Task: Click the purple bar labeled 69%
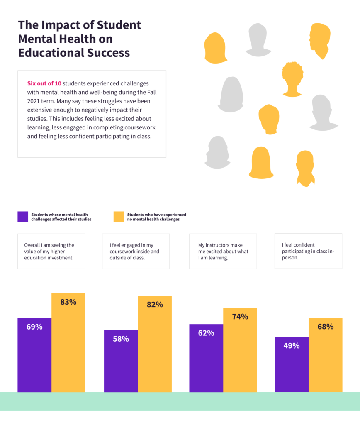(34, 355)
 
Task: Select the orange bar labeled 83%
(68, 342)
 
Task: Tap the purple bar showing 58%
(121, 361)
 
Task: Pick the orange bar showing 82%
(155, 344)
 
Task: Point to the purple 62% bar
(206, 358)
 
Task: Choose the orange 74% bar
(240, 350)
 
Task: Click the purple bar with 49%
(292, 364)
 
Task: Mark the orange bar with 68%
(326, 355)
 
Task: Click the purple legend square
(23, 217)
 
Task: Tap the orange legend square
(119, 217)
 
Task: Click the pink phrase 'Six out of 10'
(44, 83)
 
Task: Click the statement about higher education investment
(51, 251)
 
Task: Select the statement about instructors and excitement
(223, 251)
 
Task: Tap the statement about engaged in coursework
(136, 251)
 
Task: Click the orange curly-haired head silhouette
(292, 79)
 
